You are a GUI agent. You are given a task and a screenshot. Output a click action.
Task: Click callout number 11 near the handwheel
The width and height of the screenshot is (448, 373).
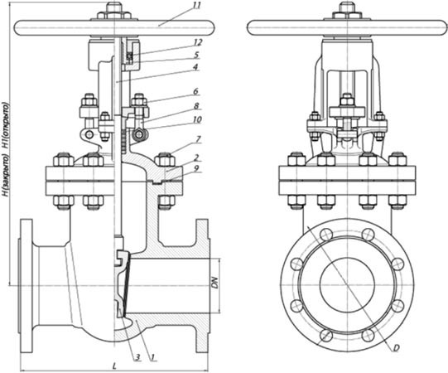coord(196,6)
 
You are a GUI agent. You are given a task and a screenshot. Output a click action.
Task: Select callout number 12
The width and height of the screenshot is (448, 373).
coord(197,42)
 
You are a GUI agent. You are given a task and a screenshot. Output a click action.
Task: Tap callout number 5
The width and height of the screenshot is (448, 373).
coord(196,55)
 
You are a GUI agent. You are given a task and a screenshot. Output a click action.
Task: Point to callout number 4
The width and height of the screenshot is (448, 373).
coord(195,67)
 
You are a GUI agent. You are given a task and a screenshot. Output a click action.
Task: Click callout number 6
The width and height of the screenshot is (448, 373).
coord(195,91)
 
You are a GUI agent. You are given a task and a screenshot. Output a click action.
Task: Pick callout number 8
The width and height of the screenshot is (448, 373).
coord(196,106)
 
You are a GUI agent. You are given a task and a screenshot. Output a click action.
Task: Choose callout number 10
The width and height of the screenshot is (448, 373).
coord(197,119)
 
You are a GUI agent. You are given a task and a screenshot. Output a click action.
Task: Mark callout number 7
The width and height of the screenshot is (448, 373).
coord(198,139)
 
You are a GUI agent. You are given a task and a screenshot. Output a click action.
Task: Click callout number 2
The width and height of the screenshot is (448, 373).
coord(196,157)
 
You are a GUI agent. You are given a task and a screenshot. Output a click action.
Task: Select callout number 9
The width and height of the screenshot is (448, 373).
coord(196,169)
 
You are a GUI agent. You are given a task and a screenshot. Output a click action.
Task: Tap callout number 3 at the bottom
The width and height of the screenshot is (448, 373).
coord(137,357)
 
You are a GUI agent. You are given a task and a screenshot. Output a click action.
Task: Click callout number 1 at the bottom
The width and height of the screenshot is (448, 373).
coord(152,357)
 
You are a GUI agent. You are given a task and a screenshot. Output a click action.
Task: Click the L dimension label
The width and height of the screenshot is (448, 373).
coord(114,366)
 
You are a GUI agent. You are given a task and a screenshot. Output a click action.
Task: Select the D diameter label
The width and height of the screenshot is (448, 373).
coord(396,348)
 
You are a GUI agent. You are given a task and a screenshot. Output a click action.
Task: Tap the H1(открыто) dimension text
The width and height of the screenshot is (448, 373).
coord(6,125)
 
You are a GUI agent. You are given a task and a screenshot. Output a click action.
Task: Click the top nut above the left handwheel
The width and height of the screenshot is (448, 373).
coord(114,7)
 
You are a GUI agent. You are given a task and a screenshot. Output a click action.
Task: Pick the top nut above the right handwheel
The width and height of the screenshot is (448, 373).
coord(347,7)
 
